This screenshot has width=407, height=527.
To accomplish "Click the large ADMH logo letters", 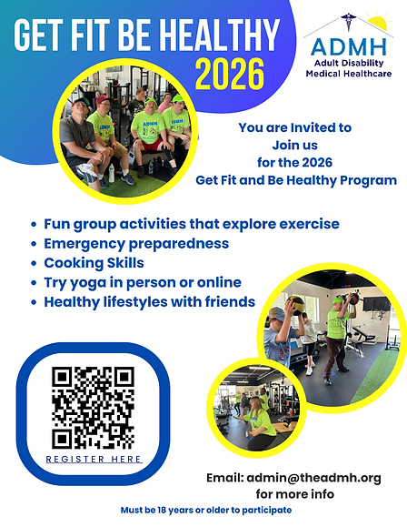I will pyautogui.click(x=347, y=46).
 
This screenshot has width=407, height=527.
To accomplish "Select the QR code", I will pyautogui.click(x=94, y=407).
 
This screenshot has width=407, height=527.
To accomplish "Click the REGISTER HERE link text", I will pyautogui.click(x=94, y=460).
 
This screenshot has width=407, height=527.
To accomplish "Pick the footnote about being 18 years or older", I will pyautogui.click(x=205, y=511).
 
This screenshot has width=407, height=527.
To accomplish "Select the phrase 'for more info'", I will pyautogui.click(x=294, y=494).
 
